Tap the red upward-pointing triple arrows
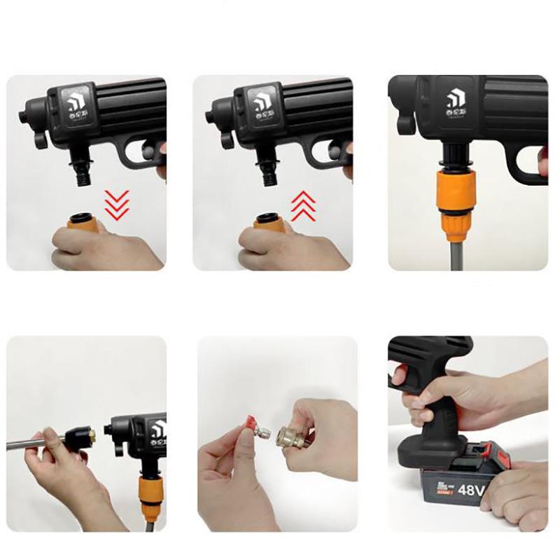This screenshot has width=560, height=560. click(302, 206)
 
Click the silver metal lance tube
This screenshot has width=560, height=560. click(31, 443)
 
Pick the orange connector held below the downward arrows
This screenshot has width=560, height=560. click(83, 222)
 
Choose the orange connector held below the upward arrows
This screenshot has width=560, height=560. click(269, 222)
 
